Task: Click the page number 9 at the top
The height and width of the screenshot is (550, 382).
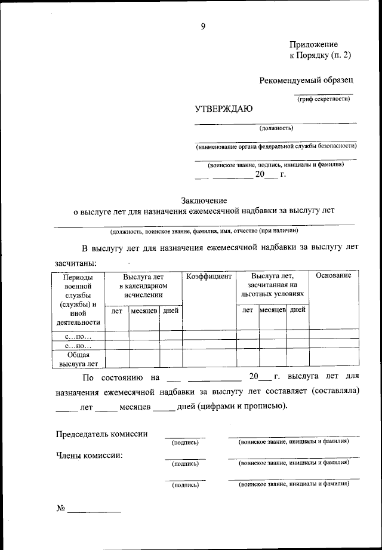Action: pos(203,26)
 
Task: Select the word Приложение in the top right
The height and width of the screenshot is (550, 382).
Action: pos(313,45)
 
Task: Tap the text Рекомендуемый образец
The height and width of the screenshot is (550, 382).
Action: pos(306,80)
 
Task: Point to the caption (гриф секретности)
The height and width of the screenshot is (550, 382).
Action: pos(324,99)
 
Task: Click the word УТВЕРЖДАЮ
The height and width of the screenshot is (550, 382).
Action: pos(224,109)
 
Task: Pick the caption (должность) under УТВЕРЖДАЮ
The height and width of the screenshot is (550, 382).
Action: pos(276,128)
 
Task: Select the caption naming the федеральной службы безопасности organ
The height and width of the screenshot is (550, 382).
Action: pos(276,146)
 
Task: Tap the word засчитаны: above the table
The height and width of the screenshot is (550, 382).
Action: pos(76,263)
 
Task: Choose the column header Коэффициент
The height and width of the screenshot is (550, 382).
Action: pos(209,276)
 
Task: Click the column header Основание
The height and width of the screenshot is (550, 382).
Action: pos(334,275)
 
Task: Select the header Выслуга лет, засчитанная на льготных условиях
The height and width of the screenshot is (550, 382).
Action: pos(272,285)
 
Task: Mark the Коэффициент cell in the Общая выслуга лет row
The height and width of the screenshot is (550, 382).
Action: pos(209,358)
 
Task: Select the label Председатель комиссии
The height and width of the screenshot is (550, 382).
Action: pos(102,434)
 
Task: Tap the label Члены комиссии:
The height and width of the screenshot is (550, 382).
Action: pos(90,455)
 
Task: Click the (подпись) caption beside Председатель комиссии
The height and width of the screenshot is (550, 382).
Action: pos(185,443)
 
